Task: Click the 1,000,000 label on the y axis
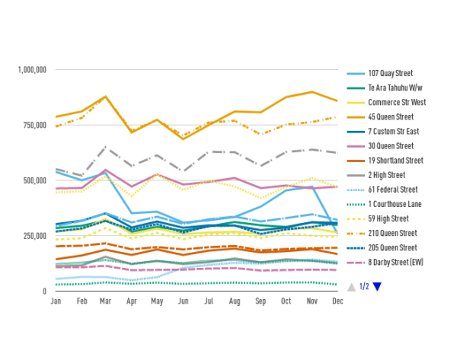[x=33, y=70]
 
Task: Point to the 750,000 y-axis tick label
[x=36, y=126]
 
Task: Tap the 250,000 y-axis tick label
[x=36, y=236]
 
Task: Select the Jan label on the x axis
[x=56, y=301]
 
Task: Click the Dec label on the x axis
[x=337, y=301]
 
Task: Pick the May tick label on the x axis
[x=157, y=301]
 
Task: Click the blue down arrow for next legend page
[x=376, y=287]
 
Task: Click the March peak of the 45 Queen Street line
[x=107, y=97]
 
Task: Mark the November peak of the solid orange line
[x=312, y=92]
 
